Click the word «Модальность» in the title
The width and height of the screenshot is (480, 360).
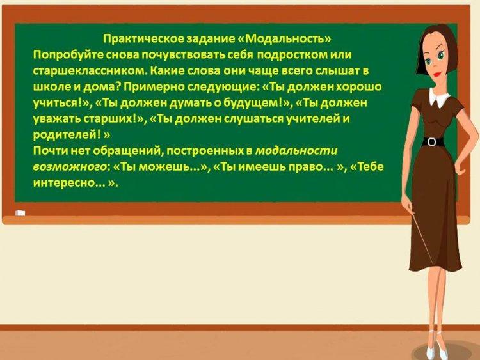click(285, 38)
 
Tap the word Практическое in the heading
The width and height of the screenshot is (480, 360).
click(143, 39)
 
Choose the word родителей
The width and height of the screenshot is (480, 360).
click(65, 134)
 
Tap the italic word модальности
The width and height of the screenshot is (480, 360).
click(296, 151)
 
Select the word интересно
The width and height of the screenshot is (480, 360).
click(64, 183)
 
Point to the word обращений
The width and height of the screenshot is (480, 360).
click(128, 151)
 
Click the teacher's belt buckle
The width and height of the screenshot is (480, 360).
click(431, 142)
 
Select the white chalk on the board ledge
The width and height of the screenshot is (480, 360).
click(20, 213)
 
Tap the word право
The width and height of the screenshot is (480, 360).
click(315, 167)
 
